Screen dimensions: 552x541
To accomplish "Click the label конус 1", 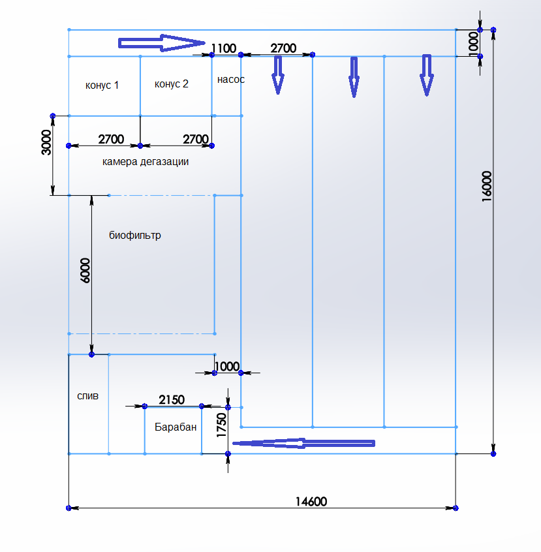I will click(x=102, y=85).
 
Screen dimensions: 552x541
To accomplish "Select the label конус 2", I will click(x=172, y=84).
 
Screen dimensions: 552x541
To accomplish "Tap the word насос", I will click(x=230, y=80).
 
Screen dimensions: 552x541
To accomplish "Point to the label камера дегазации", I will click(x=146, y=161).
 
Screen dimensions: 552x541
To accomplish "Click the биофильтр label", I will click(x=135, y=235).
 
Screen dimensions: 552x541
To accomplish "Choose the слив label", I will click(x=88, y=395).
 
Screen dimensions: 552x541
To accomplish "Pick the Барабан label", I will click(x=176, y=427).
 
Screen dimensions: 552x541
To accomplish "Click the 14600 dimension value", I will click(x=311, y=501).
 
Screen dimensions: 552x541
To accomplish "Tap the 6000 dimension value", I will click(x=85, y=269).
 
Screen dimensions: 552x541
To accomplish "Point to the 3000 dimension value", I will click(x=46, y=142).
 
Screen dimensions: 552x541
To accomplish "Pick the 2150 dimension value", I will click(x=172, y=399).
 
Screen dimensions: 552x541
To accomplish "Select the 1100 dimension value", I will click(x=223, y=48).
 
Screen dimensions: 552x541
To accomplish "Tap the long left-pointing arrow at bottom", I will click(x=303, y=443).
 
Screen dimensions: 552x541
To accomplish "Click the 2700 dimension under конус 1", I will click(x=111, y=139).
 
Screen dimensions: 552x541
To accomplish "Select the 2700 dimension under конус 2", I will click(x=196, y=139).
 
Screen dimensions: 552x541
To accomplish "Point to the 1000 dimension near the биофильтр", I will click(x=227, y=366).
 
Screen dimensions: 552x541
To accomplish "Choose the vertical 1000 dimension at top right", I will click(x=474, y=42).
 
